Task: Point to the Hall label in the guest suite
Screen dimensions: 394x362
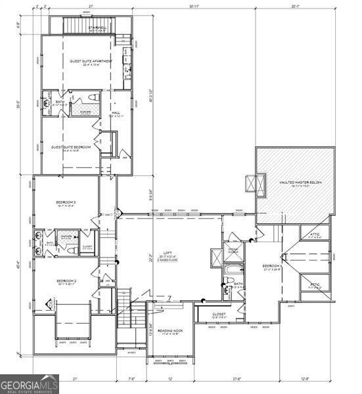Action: tap(116, 114)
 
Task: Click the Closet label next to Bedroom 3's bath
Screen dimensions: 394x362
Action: tap(87, 246)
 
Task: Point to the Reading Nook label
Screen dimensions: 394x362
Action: tap(168, 332)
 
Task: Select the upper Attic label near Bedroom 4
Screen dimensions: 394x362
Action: tap(315, 236)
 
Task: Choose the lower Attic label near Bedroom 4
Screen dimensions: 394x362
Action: tap(315, 285)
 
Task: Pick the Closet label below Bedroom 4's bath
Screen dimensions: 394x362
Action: tap(219, 315)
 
